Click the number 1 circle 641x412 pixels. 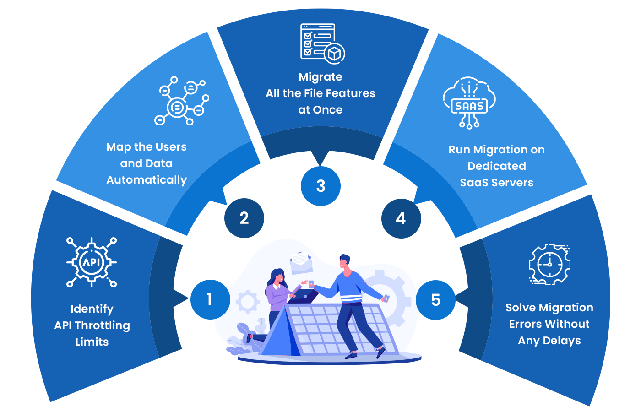tap(210, 299)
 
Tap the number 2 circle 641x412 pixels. tap(244, 218)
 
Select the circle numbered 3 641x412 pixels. tap(320, 186)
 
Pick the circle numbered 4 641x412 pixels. tap(401, 218)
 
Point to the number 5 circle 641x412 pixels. tap(435, 300)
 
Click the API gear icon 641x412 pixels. tap(92, 262)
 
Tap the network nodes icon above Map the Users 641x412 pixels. tap(181, 101)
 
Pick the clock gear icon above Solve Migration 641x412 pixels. tap(549, 264)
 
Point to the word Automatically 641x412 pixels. tap(147, 180)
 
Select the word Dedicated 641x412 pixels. tap(497, 166)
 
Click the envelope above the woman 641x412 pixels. tap(301, 262)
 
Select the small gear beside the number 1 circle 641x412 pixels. tap(248, 302)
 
